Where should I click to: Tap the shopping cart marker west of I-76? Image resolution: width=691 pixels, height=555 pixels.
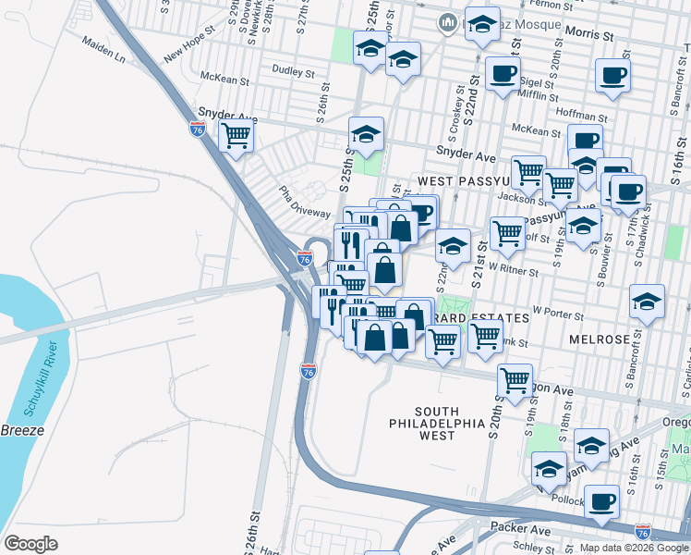(236, 136)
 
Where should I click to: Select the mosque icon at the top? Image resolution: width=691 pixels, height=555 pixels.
(448, 20)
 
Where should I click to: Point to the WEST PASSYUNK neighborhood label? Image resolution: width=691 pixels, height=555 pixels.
(461, 181)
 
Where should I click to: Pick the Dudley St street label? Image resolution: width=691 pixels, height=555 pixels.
(293, 70)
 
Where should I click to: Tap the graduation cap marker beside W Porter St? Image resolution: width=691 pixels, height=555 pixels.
(647, 301)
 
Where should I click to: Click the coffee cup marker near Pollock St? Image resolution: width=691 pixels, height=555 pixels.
(602, 501)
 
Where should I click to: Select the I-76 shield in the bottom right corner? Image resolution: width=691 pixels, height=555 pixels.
(643, 531)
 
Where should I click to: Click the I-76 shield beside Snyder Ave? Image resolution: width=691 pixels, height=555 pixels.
(197, 129)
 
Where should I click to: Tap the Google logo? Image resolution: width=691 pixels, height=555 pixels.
(30, 543)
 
